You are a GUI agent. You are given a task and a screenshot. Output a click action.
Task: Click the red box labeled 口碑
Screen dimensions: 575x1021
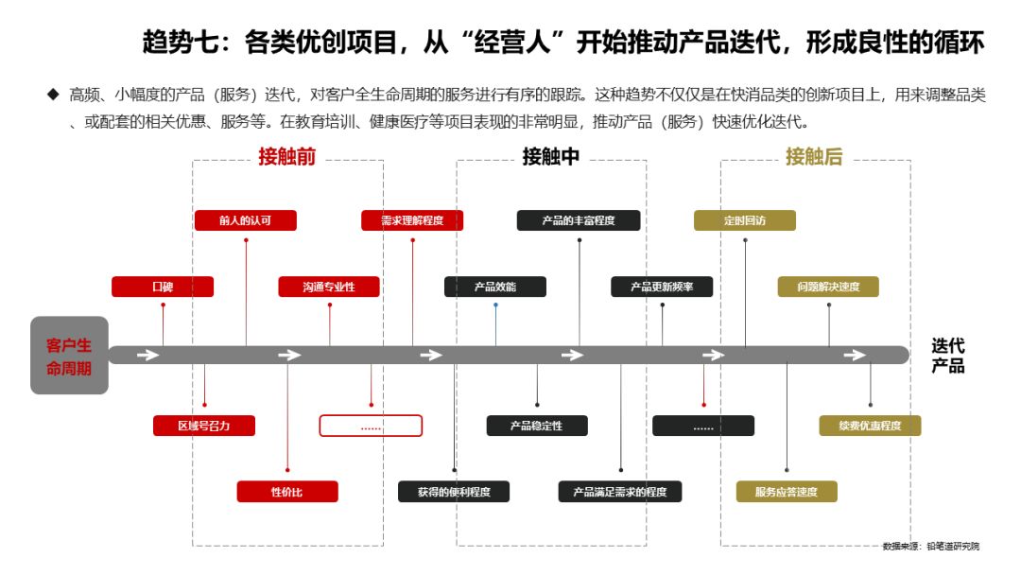tap(163, 287)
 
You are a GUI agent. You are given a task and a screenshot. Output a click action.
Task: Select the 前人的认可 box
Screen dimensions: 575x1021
tap(245, 220)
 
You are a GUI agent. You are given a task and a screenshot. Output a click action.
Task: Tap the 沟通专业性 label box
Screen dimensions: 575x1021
tap(329, 287)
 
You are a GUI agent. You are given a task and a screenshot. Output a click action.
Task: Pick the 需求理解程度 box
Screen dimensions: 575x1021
tap(412, 220)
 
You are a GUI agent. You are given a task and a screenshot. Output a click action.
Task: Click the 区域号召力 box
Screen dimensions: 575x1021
tap(204, 426)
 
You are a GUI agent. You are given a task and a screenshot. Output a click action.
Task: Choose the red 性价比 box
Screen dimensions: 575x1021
tap(287, 492)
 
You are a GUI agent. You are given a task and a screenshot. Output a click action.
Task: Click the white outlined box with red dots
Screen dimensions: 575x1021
tap(371, 426)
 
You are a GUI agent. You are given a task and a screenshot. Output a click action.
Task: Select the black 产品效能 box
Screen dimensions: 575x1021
tap(495, 287)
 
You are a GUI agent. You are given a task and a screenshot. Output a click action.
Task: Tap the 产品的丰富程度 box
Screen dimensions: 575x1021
tap(579, 220)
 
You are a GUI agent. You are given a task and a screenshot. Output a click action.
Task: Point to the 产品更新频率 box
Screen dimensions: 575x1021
tap(662, 287)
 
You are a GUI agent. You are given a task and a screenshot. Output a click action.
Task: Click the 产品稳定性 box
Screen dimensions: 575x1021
tap(537, 426)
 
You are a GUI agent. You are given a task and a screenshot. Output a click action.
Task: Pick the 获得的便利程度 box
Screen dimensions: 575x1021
tap(454, 492)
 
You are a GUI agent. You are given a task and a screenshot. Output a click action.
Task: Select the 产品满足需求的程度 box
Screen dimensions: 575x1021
tap(620, 492)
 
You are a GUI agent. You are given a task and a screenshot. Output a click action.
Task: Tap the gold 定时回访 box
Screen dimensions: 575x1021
tap(745, 220)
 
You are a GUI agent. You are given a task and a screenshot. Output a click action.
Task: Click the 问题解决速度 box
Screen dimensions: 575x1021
tap(828, 287)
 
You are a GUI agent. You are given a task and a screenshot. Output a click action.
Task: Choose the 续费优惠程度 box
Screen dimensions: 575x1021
tap(870, 426)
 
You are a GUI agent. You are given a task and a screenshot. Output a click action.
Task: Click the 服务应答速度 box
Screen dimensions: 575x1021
tap(787, 492)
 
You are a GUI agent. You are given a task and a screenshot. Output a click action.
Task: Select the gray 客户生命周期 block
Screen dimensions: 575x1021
tap(69, 355)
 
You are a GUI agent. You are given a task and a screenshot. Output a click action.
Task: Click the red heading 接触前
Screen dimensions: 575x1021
tap(287, 157)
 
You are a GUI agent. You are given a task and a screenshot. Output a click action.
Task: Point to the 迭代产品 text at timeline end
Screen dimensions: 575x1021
tap(948, 356)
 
